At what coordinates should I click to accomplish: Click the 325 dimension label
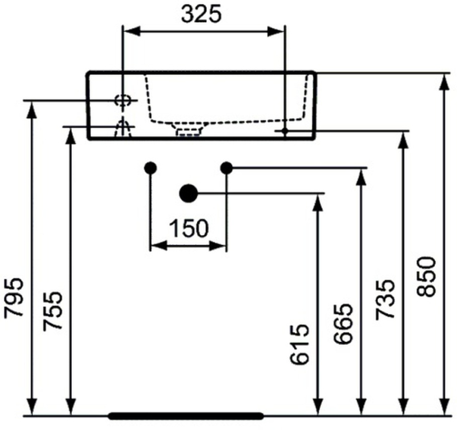pos(201,14)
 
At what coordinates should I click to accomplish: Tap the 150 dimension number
pos(188,228)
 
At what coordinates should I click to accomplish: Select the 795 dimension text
pos(14,297)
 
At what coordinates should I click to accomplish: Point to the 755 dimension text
pos(53,311)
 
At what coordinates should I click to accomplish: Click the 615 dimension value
pos(299,344)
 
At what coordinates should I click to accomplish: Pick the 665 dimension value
pos(343,324)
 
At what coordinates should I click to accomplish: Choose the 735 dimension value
pos(385,299)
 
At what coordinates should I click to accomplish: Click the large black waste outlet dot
pos(188,193)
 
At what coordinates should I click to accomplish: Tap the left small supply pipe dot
pos(151,168)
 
